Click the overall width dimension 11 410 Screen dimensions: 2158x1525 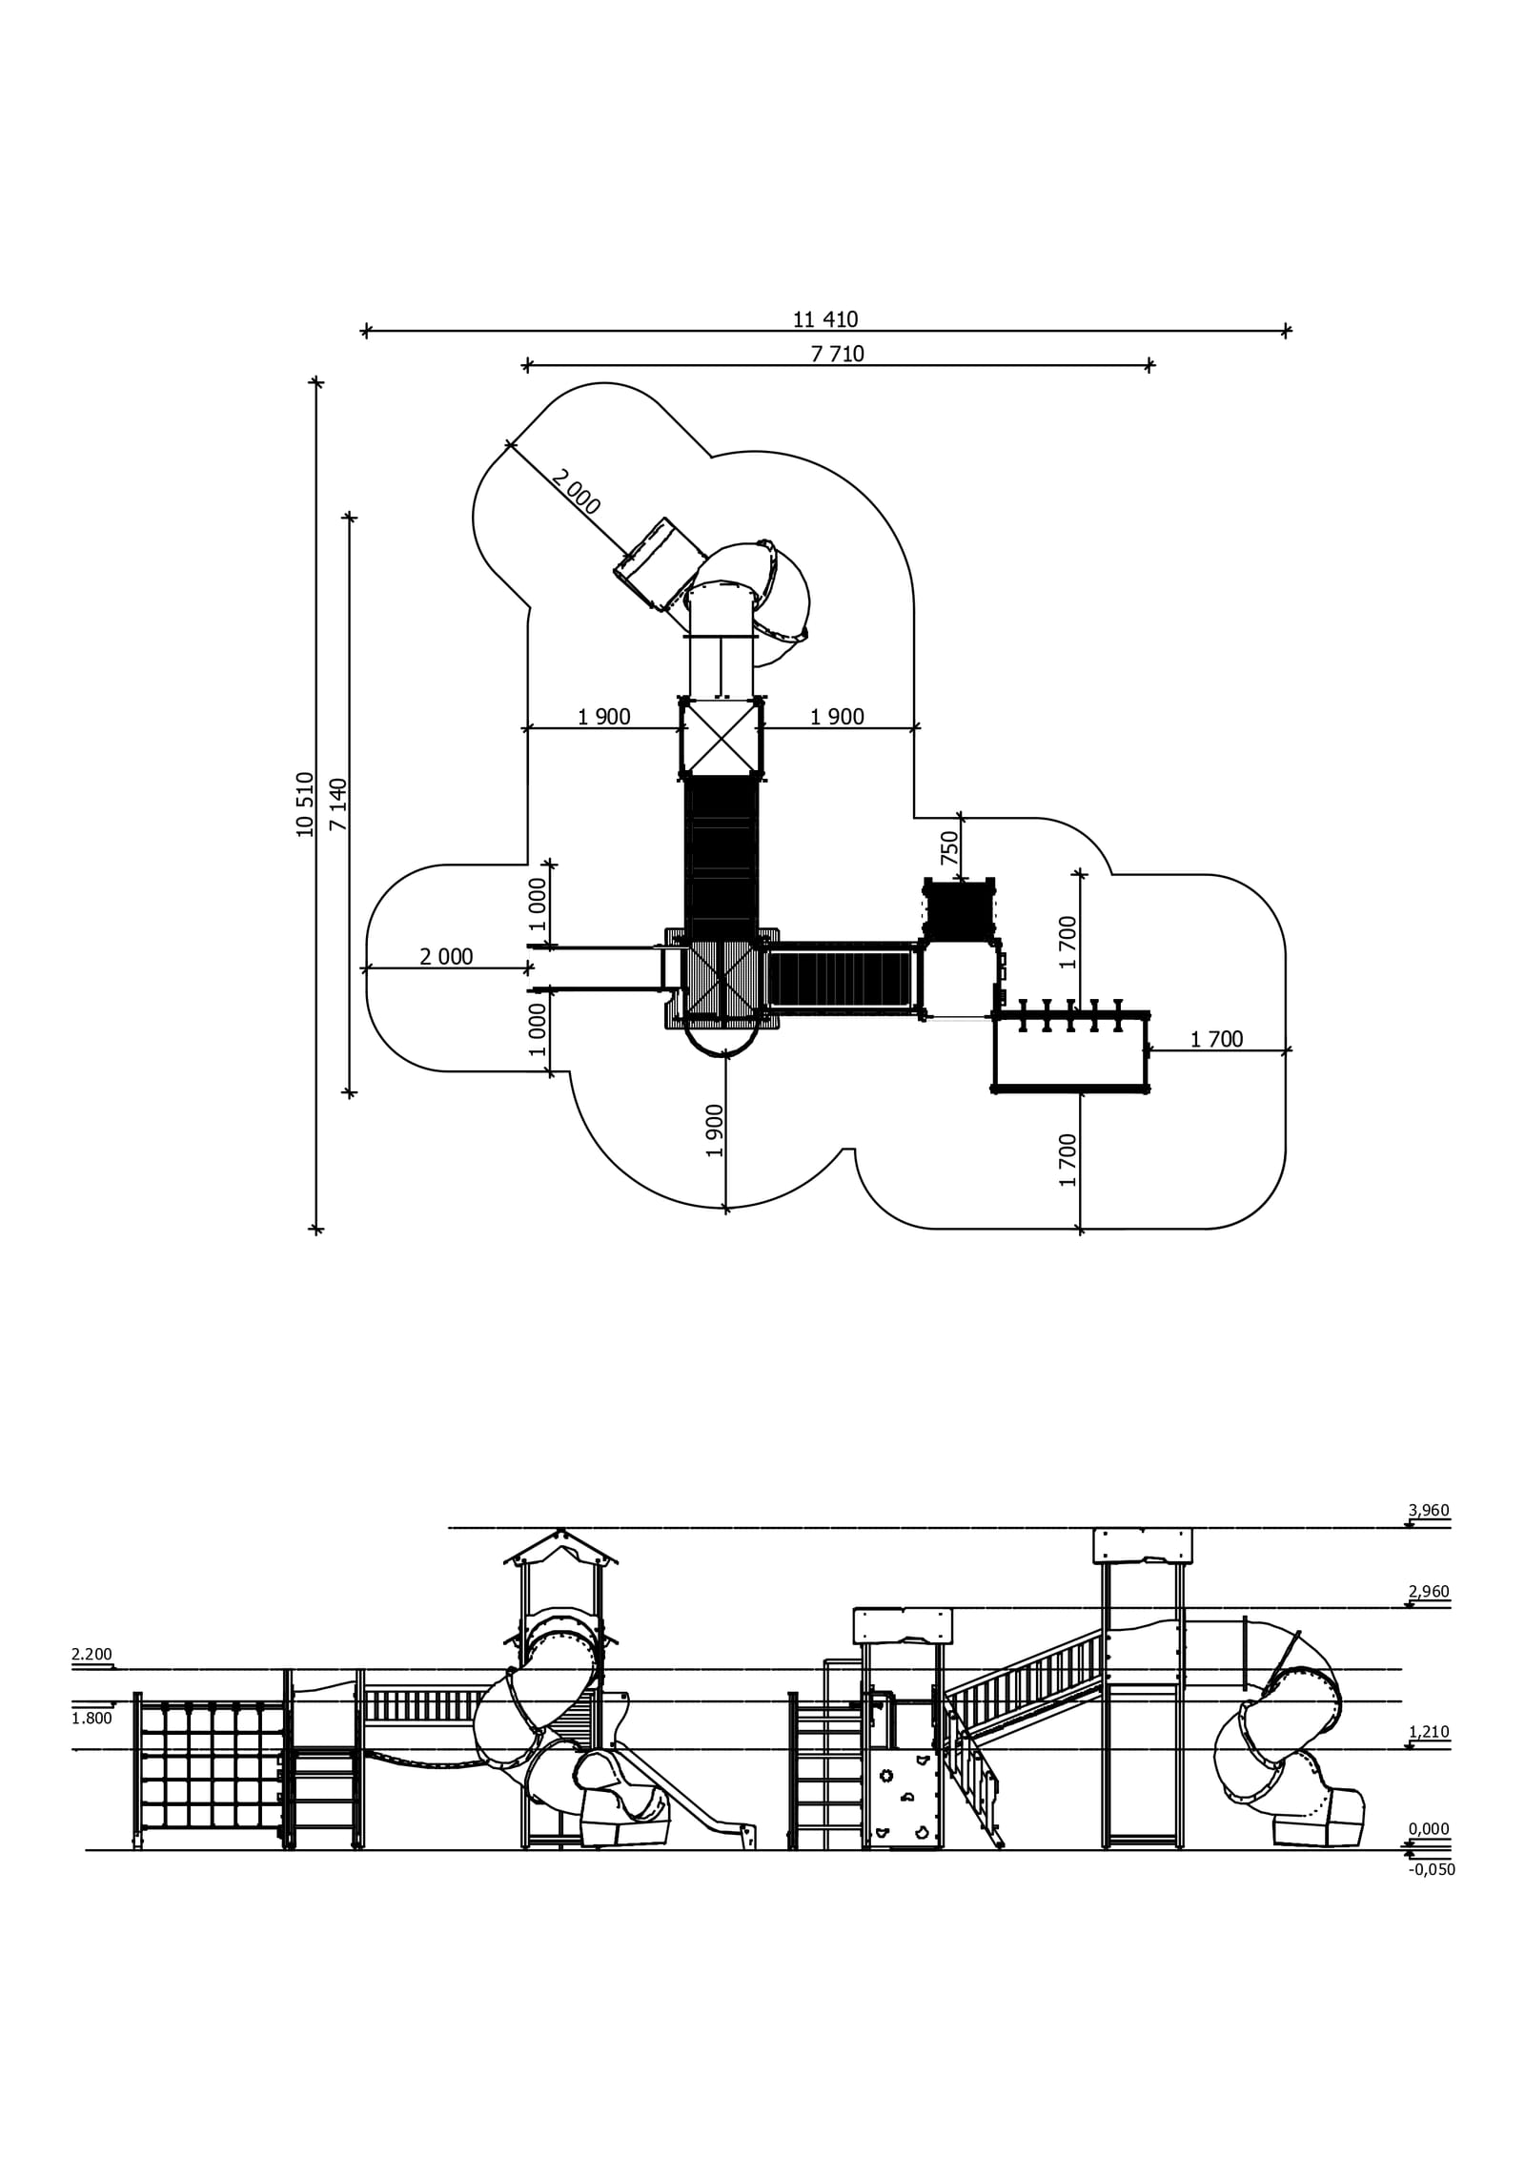(x=824, y=319)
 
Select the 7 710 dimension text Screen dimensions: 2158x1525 (x=837, y=355)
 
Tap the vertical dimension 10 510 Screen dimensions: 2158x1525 (x=305, y=804)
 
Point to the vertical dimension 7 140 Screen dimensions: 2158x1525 (x=338, y=804)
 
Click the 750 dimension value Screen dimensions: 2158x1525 (x=949, y=847)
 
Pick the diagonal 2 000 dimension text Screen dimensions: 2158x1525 (x=576, y=493)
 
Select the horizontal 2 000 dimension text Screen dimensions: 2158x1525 (x=446, y=957)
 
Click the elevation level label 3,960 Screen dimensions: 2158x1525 (x=1428, y=1511)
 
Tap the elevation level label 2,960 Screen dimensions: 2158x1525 (x=1428, y=1592)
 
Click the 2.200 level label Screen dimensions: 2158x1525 (x=91, y=1655)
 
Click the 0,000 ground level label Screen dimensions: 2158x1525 (x=1428, y=1829)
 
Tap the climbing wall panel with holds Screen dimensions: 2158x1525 (x=903, y=1797)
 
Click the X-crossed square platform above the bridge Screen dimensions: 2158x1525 (x=722, y=738)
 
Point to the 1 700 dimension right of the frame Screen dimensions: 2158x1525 (x=1216, y=1040)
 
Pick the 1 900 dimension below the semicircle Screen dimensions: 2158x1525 (x=715, y=1130)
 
